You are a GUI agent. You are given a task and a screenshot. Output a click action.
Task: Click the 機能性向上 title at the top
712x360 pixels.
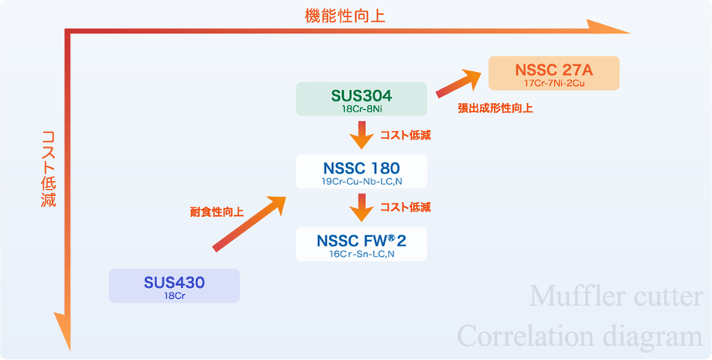click(x=344, y=16)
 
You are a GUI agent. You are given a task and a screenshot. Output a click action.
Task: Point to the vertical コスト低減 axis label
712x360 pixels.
click(x=48, y=169)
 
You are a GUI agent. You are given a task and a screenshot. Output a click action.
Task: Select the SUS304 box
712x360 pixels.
click(x=361, y=98)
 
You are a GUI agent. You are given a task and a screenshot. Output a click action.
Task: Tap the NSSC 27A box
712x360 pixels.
click(x=554, y=73)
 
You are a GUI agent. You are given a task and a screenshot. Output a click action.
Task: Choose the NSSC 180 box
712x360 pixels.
click(x=361, y=171)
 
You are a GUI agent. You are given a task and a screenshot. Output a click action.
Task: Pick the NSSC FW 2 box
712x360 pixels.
click(x=361, y=244)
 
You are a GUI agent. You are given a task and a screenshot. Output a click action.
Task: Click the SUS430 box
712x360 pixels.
click(x=174, y=286)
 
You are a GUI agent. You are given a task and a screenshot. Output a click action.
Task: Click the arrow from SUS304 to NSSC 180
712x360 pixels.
click(x=361, y=135)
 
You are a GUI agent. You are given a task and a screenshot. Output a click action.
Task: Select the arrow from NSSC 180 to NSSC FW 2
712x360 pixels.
click(x=361, y=207)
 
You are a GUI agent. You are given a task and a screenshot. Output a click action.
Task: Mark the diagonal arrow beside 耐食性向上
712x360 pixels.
click(x=249, y=223)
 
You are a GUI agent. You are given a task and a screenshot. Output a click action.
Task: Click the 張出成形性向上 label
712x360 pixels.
click(x=495, y=109)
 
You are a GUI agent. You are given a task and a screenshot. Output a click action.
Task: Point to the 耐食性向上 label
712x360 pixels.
click(x=217, y=212)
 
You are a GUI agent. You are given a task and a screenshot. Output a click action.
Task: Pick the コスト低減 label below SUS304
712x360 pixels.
click(x=406, y=135)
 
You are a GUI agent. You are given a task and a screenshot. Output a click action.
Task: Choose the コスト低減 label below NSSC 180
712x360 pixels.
click(x=406, y=207)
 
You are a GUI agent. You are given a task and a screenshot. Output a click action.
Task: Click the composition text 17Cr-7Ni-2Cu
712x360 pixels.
click(x=554, y=83)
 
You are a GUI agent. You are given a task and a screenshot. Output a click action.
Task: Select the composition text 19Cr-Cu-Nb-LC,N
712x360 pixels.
click(x=361, y=181)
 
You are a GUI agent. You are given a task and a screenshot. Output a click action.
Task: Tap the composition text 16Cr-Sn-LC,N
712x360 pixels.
click(x=361, y=254)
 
